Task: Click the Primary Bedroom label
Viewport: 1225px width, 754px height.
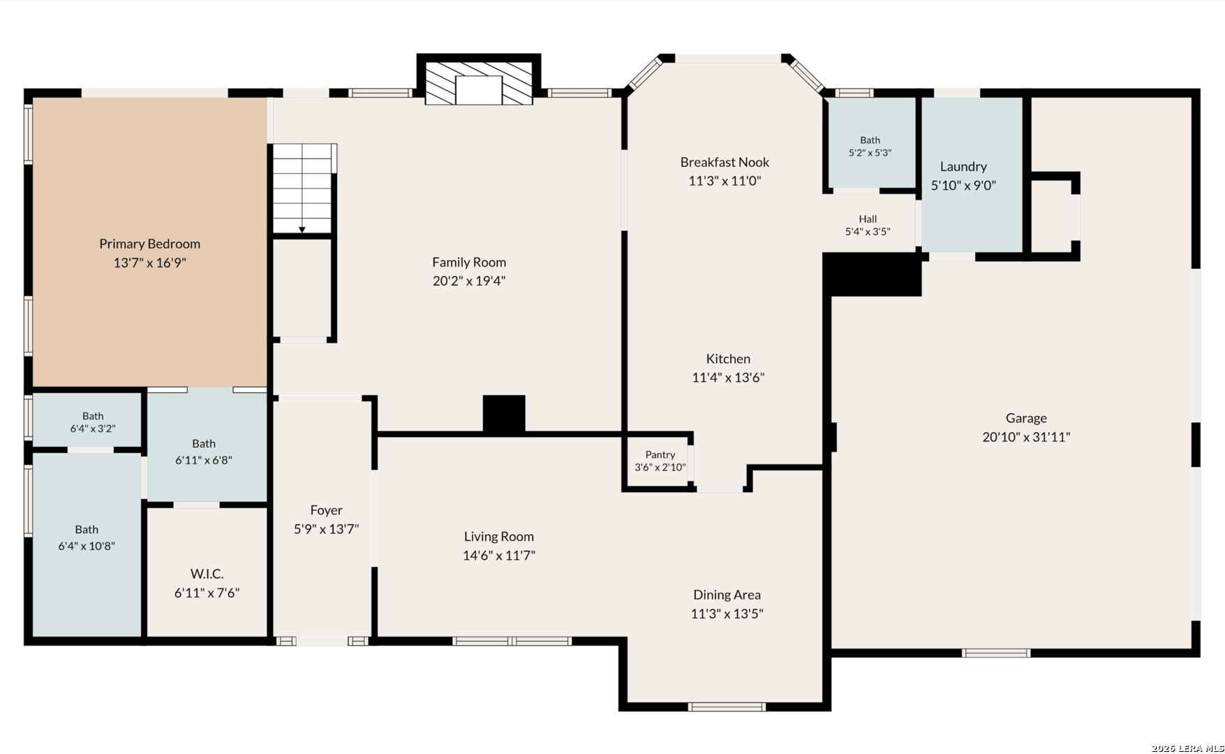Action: coord(149,244)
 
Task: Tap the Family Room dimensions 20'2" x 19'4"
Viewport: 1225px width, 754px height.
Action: coord(469,281)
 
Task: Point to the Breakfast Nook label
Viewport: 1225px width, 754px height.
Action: coord(725,162)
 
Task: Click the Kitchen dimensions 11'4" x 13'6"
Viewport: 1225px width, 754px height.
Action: coord(728,378)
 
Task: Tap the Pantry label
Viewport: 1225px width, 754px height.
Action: coord(660,454)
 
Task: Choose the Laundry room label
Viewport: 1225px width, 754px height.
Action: coord(963,167)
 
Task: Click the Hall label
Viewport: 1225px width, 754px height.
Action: coord(868,219)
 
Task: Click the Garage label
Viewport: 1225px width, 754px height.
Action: coord(1026,418)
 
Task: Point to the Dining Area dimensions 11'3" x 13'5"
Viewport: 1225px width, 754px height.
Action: coord(727,614)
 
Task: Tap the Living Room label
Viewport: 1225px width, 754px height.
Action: coord(498,536)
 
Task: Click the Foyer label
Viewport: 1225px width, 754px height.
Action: coord(326,510)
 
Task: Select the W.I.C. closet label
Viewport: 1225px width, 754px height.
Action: coord(207,574)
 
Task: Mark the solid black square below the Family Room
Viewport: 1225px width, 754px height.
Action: coord(504,414)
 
